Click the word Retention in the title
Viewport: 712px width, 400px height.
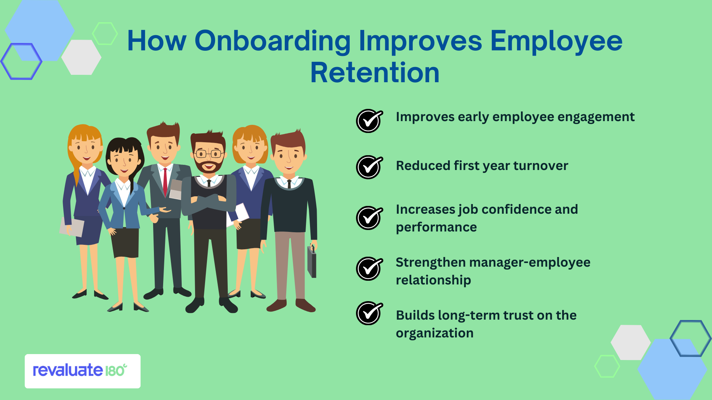click(375, 73)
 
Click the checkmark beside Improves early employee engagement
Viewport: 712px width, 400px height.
click(369, 121)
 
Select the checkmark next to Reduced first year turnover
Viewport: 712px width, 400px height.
click(369, 167)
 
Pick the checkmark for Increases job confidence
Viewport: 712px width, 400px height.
click(369, 218)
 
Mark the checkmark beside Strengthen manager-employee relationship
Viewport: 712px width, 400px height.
click(369, 269)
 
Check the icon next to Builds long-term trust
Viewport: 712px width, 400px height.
click(369, 313)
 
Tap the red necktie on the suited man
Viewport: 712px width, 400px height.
click(165, 182)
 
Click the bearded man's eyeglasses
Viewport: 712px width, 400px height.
click(208, 153)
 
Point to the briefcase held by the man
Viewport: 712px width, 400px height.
click(312, 261)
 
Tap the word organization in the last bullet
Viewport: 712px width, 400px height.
click(435, 333)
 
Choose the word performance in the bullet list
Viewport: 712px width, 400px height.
click(436, 227)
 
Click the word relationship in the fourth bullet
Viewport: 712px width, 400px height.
click(433, 280)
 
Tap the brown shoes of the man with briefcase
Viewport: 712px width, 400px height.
click(291, 305)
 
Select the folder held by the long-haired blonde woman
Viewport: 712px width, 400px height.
click(72, 227)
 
